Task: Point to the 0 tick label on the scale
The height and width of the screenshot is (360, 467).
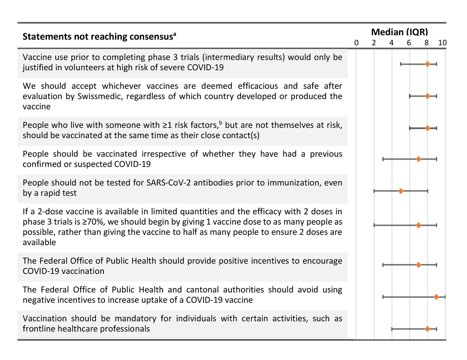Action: [356, 43]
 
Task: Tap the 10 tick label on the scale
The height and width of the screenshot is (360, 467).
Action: [442, 43]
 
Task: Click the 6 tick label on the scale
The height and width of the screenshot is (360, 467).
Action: [409, 43]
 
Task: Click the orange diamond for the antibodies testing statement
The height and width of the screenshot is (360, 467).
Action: [401, 191]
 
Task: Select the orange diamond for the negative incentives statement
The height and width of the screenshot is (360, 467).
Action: [436, 297]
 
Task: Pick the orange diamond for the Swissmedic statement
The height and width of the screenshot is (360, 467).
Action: [427, 96]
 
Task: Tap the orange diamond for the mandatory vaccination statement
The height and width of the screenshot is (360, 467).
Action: [427, 329]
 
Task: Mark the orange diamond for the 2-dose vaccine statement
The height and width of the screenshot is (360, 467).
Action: [418, 225]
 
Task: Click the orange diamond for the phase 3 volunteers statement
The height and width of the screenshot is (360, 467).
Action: [427, 64]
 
